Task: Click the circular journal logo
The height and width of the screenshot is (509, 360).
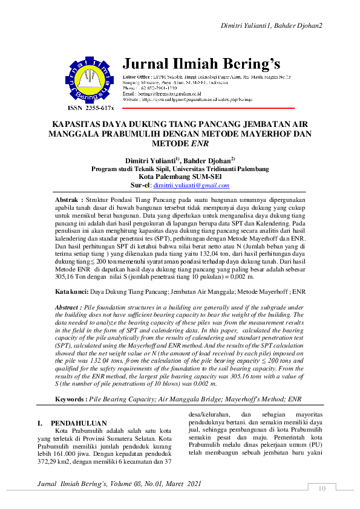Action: pyautogui.click(x=90, y=79)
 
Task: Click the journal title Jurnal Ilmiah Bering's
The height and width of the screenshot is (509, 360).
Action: pyautogui.click(x=201, y=64)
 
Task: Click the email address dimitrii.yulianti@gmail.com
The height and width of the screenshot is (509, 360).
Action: pyautogui.click(x=191, y=186)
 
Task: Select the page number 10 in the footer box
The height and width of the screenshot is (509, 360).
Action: pyautogui.click(x=322, y=488)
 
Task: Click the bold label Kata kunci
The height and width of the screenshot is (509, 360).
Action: pyautogui.click(x=70, y=291)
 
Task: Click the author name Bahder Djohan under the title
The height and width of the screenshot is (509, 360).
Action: pyautogui.click(x=205, y=160)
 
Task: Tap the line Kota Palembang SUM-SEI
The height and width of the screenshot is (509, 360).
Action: pyautogui.click(x=180, y=177)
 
